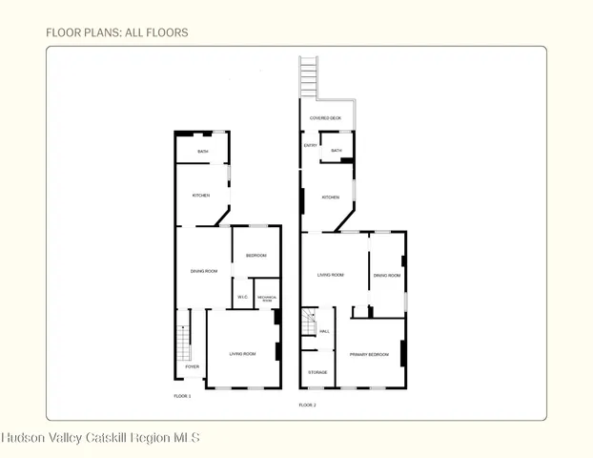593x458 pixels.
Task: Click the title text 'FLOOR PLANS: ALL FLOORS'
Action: click(x=116, y=32)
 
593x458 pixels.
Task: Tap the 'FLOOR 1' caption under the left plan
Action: click(x=182, y=395)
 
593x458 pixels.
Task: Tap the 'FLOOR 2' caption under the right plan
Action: click(x=307, y=405)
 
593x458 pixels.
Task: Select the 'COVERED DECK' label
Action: click(x=325, y=118)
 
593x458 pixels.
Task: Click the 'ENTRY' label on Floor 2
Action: click(x=310, y=145)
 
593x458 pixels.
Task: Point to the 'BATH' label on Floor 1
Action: click(x=203, y=151)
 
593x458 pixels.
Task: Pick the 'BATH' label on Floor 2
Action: click(x=337, y=151)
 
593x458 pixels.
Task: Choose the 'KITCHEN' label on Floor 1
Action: click(x=201, y=196)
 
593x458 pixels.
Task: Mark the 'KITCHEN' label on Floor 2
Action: click(x=330, y=198)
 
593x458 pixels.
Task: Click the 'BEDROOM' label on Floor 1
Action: click(x=256, y=256)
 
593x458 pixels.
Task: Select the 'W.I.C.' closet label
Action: click(x=242, y=298)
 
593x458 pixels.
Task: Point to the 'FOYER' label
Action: click(x=192, y=366)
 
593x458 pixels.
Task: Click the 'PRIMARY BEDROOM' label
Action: click(x=368, y=354)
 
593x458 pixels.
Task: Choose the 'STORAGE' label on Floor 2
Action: click(x=317, y=372)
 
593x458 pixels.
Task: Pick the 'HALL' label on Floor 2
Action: click(x=324, y=331)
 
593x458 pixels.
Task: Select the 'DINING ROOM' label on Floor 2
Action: click(x=386, y=276)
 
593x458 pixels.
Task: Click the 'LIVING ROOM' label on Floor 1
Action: click(x=242, y=354)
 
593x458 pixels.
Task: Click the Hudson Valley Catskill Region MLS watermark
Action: click(x=100, y=438)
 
